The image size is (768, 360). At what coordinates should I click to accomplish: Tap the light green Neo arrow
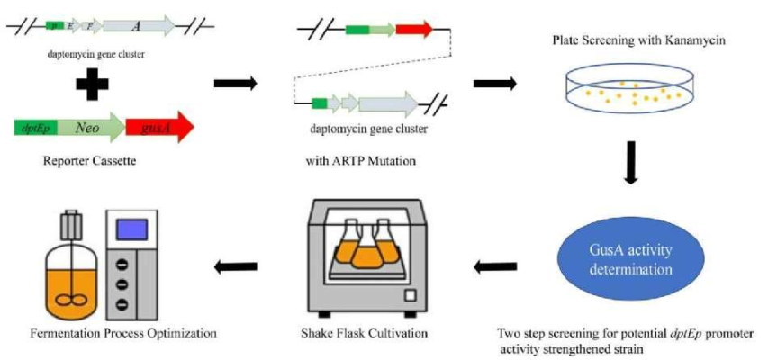87,128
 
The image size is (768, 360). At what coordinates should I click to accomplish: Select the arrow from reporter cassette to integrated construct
235,85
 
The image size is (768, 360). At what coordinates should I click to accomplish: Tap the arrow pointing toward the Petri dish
494,85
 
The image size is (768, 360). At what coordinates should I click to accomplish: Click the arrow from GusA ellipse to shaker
495,266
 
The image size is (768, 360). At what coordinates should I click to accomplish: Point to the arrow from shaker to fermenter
236,266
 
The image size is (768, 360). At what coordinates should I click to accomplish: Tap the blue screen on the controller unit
133,228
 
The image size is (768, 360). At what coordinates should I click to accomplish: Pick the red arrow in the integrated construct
414,29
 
